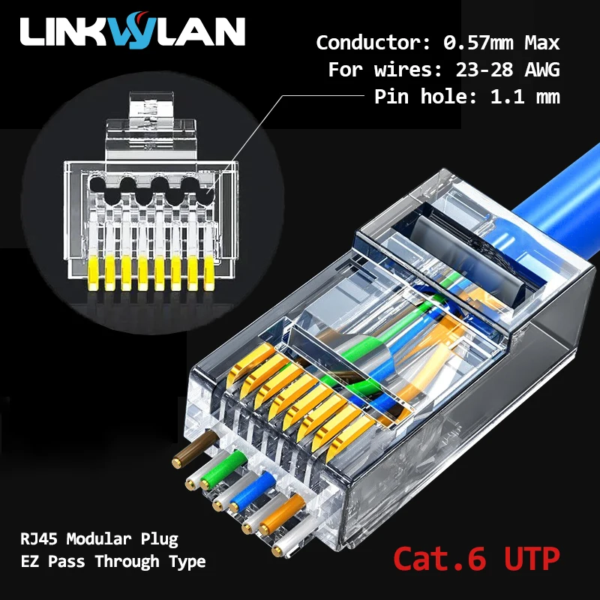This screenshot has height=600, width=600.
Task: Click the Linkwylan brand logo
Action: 133,32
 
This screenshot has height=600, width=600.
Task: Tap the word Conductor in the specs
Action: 355,43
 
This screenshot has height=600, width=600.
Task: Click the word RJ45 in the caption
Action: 37,538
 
